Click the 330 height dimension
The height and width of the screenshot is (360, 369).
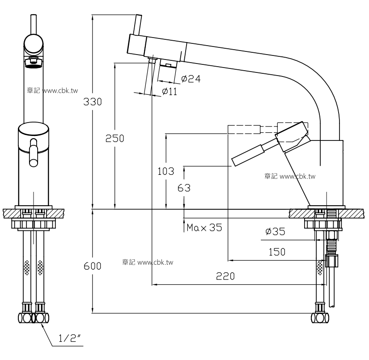point(93,102)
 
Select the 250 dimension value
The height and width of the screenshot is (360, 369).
point(115,138)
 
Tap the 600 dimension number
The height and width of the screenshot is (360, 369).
point(93,266)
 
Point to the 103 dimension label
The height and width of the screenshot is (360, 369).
point(166,171)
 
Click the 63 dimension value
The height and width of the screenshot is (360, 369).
point(184,188)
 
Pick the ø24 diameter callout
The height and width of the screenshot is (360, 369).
point(191,79)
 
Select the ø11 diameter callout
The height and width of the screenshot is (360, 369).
point(170,91)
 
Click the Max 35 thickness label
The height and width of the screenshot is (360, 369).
point(204,227)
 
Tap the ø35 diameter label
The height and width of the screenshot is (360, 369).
point(275,231)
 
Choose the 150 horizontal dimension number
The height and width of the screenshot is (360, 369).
point(277,252)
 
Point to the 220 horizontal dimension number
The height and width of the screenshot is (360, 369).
point(225,276)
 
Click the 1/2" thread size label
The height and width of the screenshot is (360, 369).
point(69,338)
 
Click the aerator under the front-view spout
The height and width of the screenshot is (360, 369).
point(33,62)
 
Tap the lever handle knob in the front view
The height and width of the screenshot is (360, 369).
point(34,152)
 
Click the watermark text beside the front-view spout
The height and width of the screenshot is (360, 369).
point(52,90)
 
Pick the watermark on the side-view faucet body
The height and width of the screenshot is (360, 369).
point(290,176)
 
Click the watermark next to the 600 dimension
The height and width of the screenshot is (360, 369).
point(148,262)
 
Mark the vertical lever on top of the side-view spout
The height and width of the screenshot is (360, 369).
point(138,25)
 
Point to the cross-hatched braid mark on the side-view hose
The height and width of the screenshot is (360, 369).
point(320,267)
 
